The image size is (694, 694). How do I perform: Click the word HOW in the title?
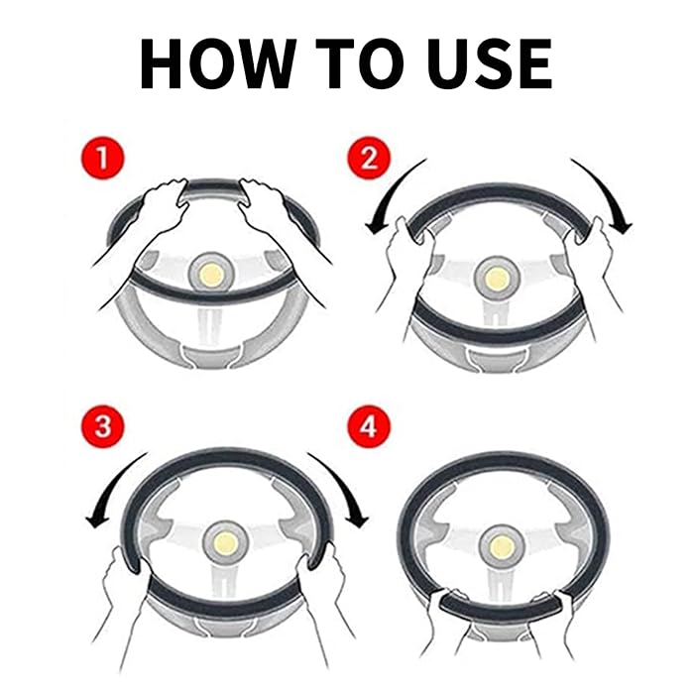click(218, 63)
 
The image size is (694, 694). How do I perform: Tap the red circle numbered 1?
click(103, 158)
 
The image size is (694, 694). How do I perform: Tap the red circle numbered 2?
click(369, 158)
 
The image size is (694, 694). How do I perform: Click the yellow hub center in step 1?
click(211, 275)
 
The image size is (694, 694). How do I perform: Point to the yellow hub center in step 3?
click(225, 543)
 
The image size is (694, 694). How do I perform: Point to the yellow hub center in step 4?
click(502, 546)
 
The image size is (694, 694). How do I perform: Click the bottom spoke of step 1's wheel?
click(209, 327)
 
